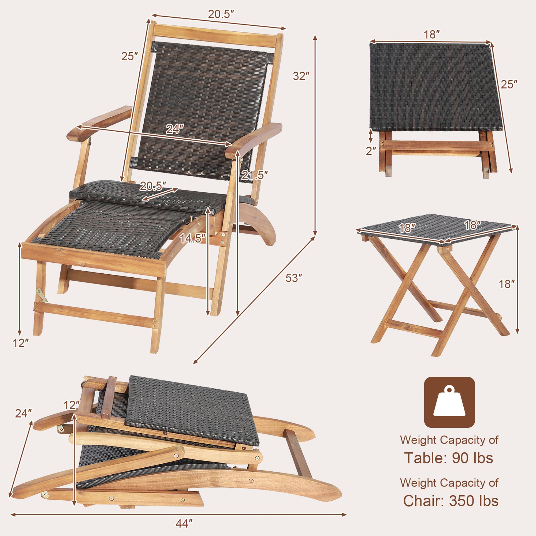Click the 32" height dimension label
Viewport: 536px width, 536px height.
click(x=301, y=76)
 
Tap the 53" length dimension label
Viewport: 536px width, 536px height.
click(x=293, y=278)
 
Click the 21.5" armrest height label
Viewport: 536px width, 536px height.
click(x=254, y=175)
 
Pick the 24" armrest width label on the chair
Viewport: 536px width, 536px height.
click(x=175, y=129)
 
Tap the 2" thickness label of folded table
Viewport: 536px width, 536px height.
click(x=371, y=151)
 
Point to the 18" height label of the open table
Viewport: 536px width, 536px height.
click(x=507, y=284)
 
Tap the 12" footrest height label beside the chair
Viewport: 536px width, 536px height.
click(x=21, y=343)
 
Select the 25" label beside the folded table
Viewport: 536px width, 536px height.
click(x=509, y=84)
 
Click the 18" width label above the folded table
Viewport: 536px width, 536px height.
click(x=432, y=35)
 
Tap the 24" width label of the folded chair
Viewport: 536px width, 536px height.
click(x=24, y=421)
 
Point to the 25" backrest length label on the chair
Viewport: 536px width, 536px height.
click(x=129, y=56)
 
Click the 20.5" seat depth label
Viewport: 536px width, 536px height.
click(x=153, y=186)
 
